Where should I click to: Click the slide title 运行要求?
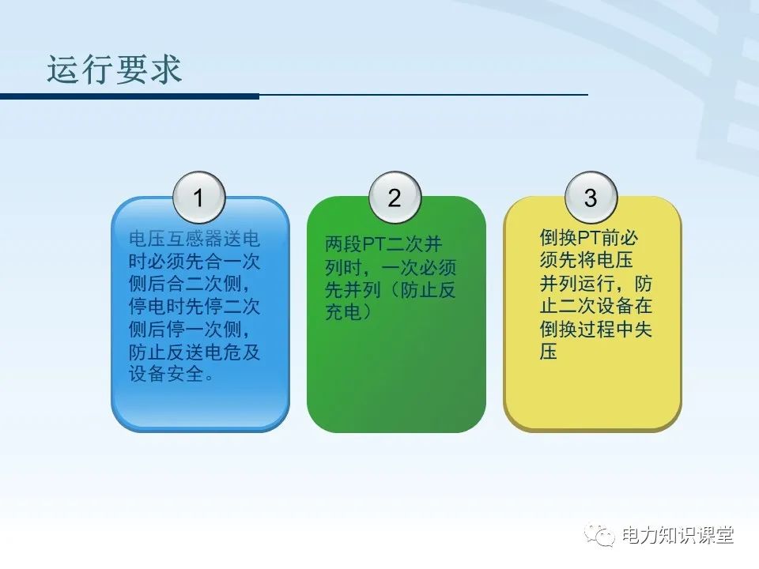(115, 70)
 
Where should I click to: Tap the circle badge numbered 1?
(198, 198)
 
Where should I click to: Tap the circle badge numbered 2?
(395, 198)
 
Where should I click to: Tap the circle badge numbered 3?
(591, 198)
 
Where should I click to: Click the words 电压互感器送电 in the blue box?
(194, 239)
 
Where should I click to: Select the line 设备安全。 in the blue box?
(171, 375)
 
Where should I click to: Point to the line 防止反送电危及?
(194, 352)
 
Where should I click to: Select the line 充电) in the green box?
(348, 313)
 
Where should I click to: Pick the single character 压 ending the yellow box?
(549, 352)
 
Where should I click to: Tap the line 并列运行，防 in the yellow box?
(595, 284)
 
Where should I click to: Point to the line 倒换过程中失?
(595, 330)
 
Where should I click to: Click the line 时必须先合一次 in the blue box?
(194, 262)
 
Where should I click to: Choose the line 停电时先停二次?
(194, 307)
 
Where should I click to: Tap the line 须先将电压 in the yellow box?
(585, 261)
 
